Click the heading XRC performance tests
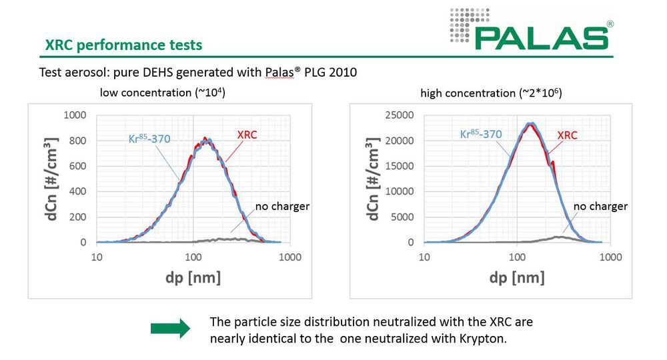coord(123,46)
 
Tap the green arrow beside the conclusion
coord(170,328)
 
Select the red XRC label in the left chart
coord(247,135)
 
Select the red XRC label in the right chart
coord(567,135)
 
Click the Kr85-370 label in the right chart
coord(481,134)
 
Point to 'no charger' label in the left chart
coord(281,206)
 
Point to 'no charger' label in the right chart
coord(600,206)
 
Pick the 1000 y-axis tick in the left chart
coord(75,115)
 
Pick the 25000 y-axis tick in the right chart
coord(398,115)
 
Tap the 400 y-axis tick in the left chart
coord(78,192)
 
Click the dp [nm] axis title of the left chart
coord(193,277)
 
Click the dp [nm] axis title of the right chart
coord(516,277)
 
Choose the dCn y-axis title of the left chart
coord(47,179)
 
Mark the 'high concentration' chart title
coord(491,93)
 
